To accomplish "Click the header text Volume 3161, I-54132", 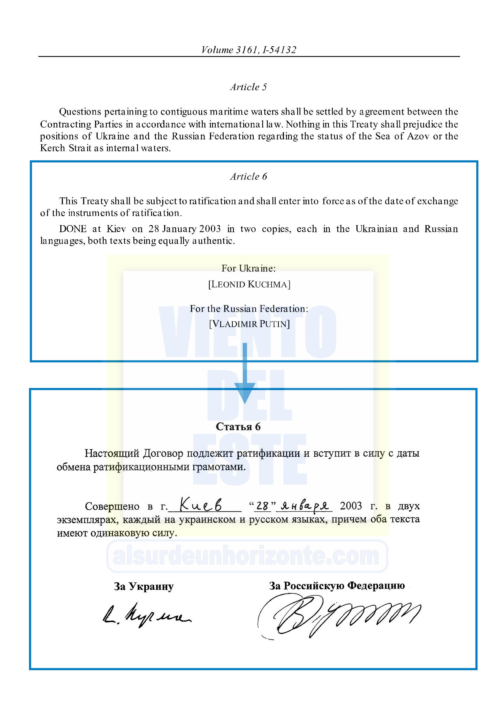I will click(x=249, y=50).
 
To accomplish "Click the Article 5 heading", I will click(x=249, y=87).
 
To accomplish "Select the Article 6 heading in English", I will click(x=249, y=177).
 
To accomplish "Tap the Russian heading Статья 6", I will click(x=238, y=427).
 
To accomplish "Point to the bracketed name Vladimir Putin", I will click(x=249, y=324).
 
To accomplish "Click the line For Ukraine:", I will click(x=249, y=268).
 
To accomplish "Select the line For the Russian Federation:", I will click(x=249, y=309).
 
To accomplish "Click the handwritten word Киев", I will click(x=201, y=505).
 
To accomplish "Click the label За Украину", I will click(x=143, y=587).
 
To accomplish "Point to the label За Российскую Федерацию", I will click(x=337, y=586).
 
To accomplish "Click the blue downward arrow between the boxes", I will click(x=245, y=374).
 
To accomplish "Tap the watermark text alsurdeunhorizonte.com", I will click(x=246, y=556).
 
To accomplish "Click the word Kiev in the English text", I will click(x=116, y=229).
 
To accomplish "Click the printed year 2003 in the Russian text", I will click(x=351, y=506).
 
